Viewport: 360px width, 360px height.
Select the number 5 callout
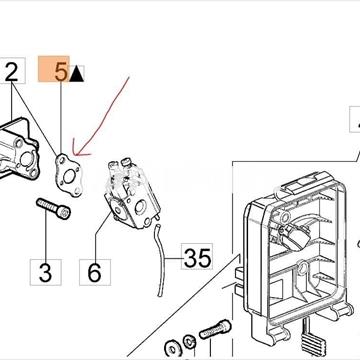coord(61,72)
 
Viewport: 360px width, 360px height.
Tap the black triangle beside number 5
coord(76,74)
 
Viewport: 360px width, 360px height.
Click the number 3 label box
coord(46,272)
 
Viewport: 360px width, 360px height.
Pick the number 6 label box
coord(95,272)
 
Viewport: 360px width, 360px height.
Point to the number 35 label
coord(197,257)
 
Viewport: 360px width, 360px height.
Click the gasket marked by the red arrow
coord(69,175)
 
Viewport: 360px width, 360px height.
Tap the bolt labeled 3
coord(53,208)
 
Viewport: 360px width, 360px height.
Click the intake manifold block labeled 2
coord(18,149)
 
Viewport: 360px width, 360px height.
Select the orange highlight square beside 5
coord(54,69)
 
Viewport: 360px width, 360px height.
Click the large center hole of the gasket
coord(69,176)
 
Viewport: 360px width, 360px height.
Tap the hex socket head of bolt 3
coord(63,213)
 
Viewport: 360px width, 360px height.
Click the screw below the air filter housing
coord(215,329)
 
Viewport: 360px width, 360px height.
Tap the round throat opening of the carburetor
coord(140,208)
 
